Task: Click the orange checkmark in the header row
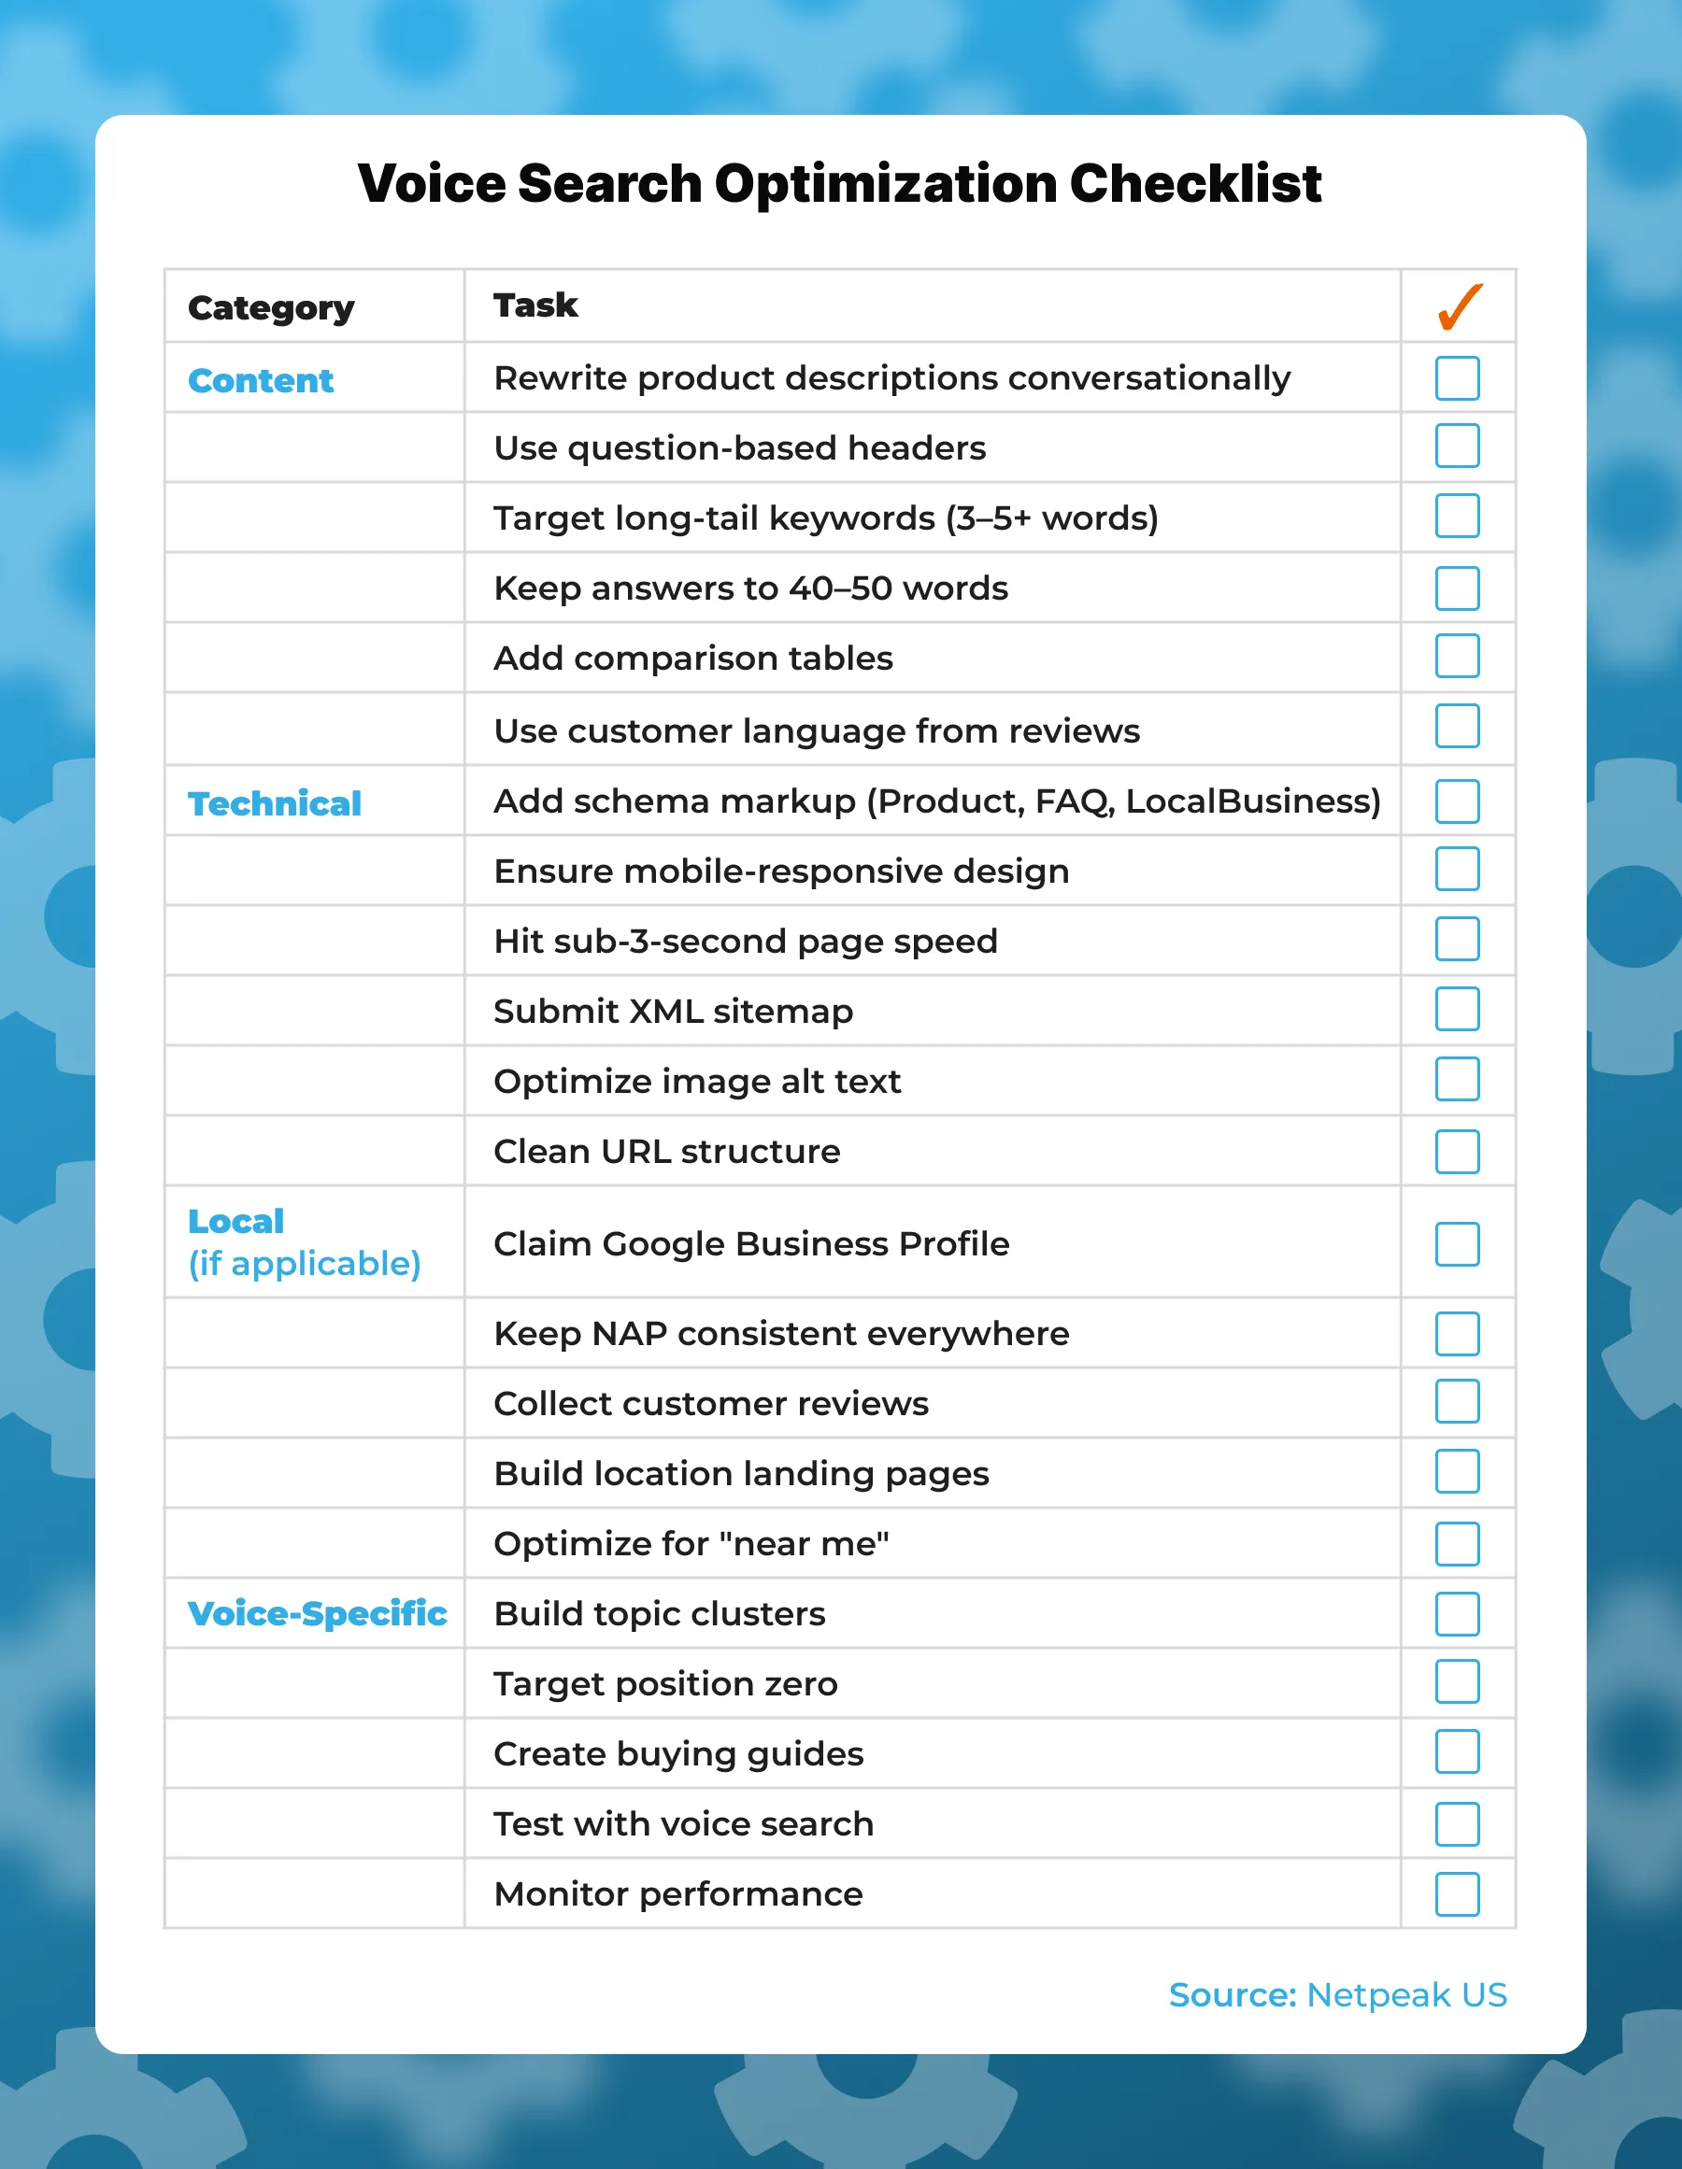pyautogui.click(x=1459, y=307)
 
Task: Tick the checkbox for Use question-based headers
pyautogui.click(x=1457, y=446)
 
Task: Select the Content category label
pyautogui.click(x=261, y=381)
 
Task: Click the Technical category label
pyautogui.click(x=274, y=803)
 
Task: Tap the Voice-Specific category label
pyautogui.click(x=317, y=1613)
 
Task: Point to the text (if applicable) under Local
pyautogui.click(x=304, y=1263)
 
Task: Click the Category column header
pyautogui.click(x=270, y=308)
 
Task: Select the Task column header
pyautogui.click(x=535, y=305)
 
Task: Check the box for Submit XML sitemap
pyautogui.click(x=1457, y=1009)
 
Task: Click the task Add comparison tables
pyautogui.click(x=692, y=659)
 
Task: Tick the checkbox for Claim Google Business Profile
pyautogui.click(x=1457, y=1243)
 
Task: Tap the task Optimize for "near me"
pyautogui.click(x=691, y=1543)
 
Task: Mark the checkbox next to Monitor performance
pyautogui.click(x=1457, y=1893)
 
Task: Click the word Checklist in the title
pyautogui.click(x=1194, y=184)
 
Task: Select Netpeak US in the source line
pyautogui.click(x=1405, y=1994)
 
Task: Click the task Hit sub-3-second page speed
pyautogui.click(x=745, y=941)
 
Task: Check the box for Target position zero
pyautogui.click(x=1457, y=1682)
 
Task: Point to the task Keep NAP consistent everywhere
pyautogui.click(x=781, y=1333)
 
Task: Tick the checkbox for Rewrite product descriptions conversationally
pyautogui.click(x=1457, y=377)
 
